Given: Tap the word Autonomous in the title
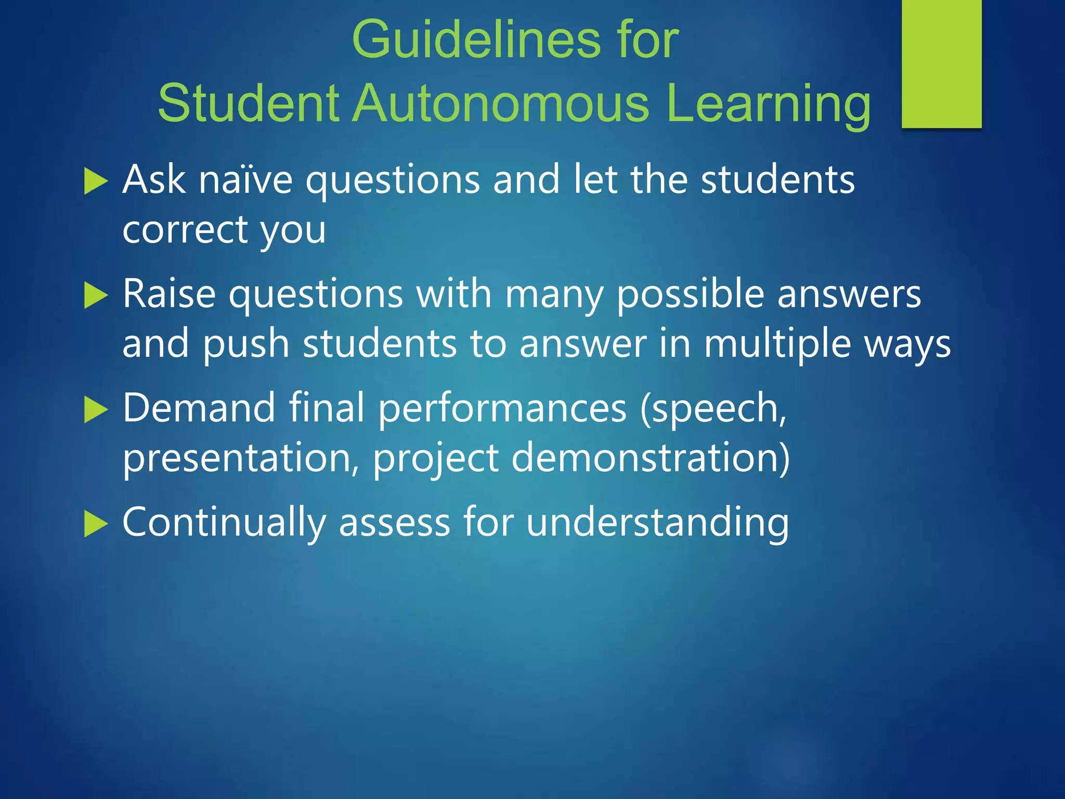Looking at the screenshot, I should [501, 104].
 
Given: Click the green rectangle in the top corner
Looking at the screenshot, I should [941, 63].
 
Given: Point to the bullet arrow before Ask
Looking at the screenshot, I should [95, 182].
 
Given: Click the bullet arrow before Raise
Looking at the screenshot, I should [95, 296].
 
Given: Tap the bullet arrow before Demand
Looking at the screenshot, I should [95, 410].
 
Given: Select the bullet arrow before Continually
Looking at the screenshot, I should [95, 524].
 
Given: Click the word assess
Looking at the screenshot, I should [394, 522].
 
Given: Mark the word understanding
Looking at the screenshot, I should [657, 523].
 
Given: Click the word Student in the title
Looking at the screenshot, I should [248, 104].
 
